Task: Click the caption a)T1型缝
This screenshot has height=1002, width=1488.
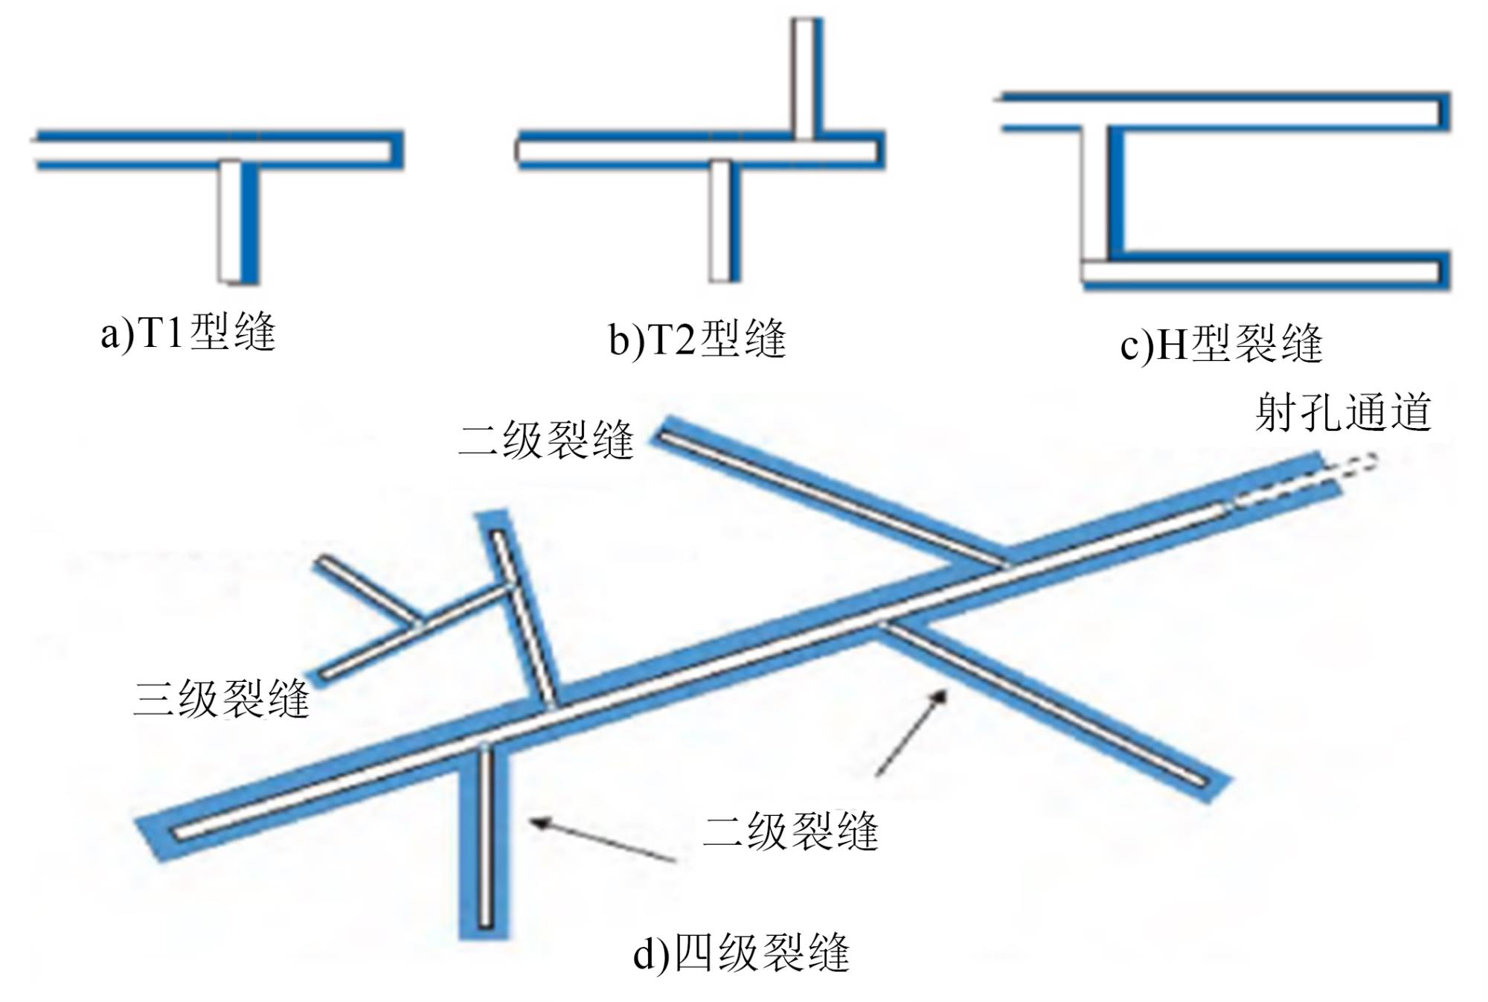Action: (x=188, y=332)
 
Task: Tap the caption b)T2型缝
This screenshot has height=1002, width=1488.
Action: (x=697, y=339)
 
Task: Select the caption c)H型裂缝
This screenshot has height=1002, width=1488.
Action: (x=1221, y=345)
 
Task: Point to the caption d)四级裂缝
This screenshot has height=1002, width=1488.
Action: (x=741, y=954)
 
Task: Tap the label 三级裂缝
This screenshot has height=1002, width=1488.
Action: (x=221, y=699)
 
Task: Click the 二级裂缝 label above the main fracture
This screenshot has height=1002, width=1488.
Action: (x=546, y=440)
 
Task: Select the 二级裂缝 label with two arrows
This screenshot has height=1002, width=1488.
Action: (x=790, y=831)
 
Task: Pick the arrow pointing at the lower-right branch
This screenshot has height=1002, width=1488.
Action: (x=911, y=733)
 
